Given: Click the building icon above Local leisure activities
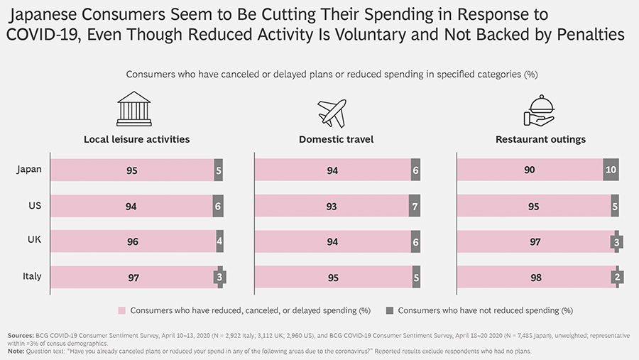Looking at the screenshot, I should click(134, 109).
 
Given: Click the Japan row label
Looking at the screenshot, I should click(29, 170).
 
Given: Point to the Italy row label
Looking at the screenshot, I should click(31, 276).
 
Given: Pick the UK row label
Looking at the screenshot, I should click(33, 241).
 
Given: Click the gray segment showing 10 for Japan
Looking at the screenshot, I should click(611, 170).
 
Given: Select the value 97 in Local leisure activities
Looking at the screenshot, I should click(133, 278).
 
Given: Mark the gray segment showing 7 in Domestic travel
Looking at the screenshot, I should click(415, 206).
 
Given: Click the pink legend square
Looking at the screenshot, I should click(122, 310).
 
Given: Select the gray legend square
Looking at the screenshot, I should click(389, 310).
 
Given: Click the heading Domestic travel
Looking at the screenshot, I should click(336, 140).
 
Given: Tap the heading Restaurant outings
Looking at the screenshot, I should click(540, 140).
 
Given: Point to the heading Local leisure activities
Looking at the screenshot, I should click(136, 140).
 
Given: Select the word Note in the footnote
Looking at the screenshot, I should click(15, 351).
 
